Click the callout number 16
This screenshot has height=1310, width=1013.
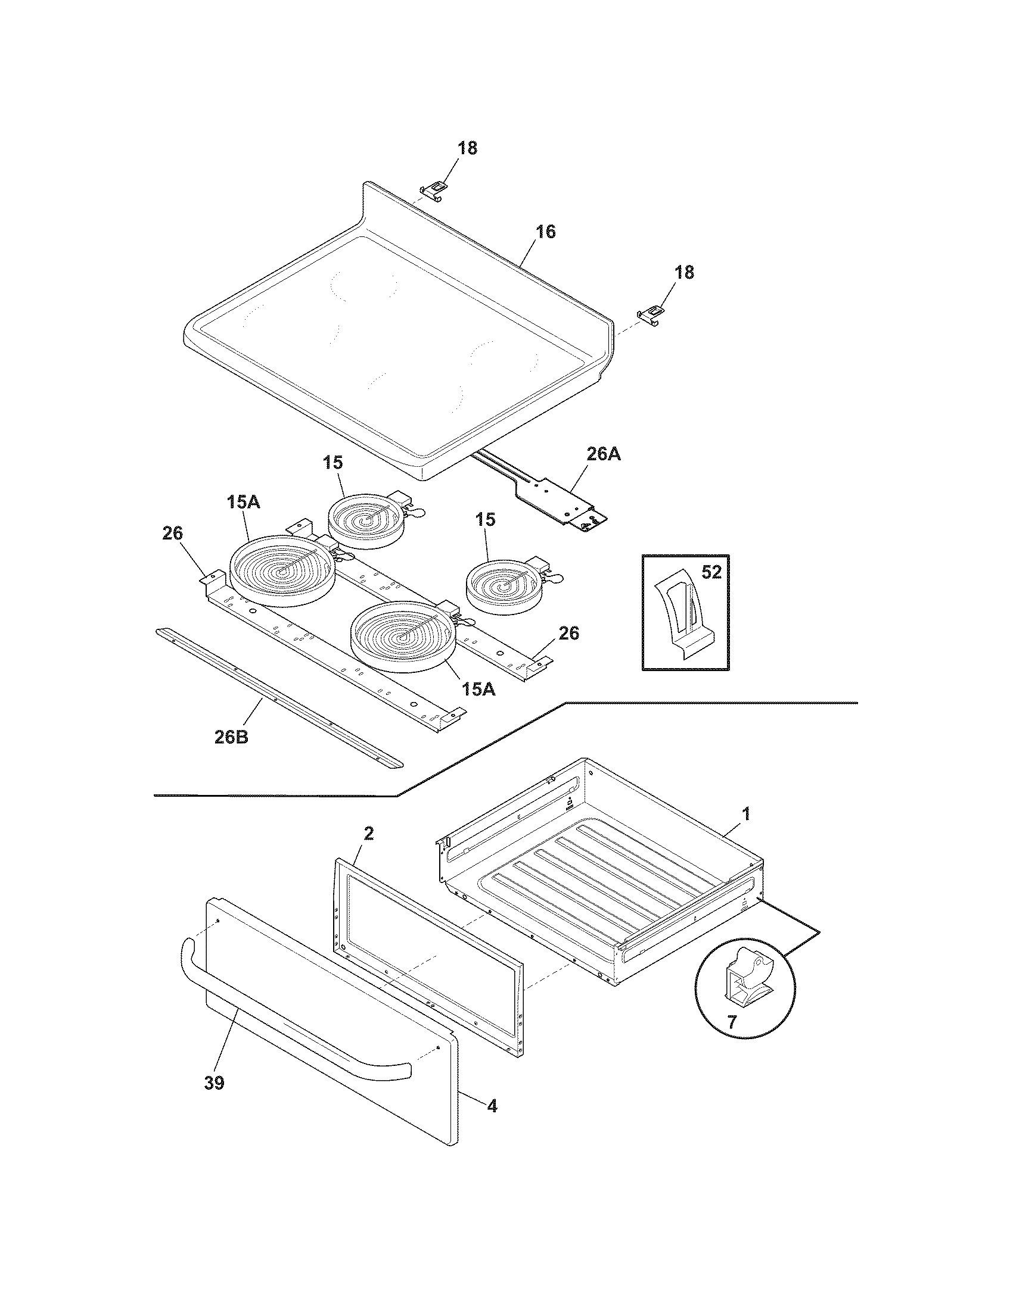coord(545,232)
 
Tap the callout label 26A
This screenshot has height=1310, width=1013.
coord(603,455)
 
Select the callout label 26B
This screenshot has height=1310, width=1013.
coord(231,737)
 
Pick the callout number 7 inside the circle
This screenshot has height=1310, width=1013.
coord(732,1022)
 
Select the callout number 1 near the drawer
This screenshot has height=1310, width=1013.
coord(746,814)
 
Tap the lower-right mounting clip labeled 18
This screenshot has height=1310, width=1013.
coord(652,314)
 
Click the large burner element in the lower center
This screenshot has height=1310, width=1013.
coord(403,635)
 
